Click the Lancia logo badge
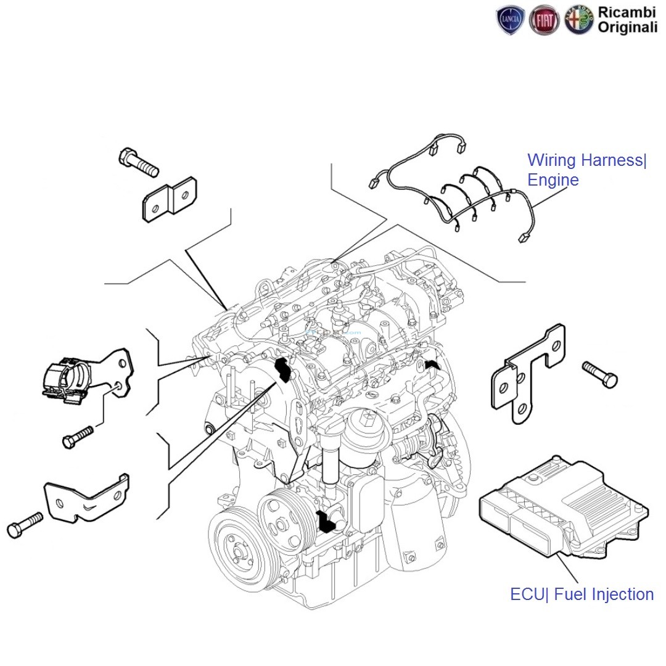(x=511, y=21)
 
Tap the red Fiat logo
(x=545, y=21)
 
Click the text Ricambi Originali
(x=627, y=20)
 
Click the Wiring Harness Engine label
(x=586, y=170)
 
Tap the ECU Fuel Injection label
(x=582, y=594)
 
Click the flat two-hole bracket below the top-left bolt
(x=169, y=199)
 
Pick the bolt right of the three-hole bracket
(x=599, y=374)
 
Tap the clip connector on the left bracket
(x=67, y=378)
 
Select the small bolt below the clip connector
(x=77, y=437)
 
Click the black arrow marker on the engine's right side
(x=433, y=365)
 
